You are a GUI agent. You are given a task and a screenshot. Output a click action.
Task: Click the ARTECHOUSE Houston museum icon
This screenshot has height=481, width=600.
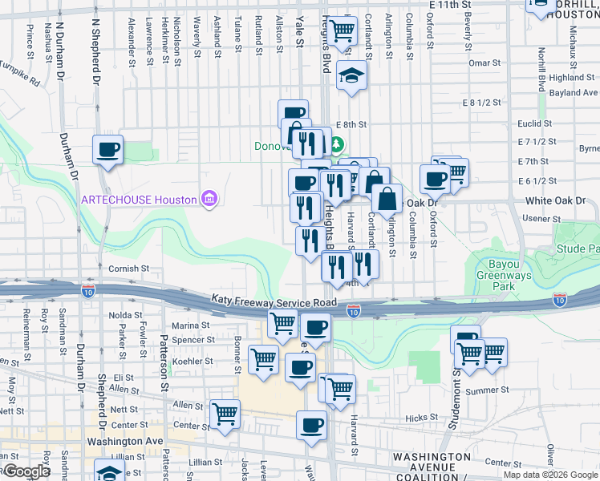coord(209,198)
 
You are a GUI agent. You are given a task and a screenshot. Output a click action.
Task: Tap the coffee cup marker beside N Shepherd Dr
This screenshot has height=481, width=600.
coord(107,149)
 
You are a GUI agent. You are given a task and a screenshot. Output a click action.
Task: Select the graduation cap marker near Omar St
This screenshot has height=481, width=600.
coord(350,76)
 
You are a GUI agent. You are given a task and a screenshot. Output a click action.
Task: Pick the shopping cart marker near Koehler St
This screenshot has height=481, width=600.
coord(263,360)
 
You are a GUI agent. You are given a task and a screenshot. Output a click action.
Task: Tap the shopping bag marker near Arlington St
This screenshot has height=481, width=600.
coord(387,200)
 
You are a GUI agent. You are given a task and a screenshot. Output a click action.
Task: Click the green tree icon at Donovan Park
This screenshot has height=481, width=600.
coord(337,146)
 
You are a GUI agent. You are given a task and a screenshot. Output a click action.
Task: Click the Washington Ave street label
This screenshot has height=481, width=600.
coord(124,441)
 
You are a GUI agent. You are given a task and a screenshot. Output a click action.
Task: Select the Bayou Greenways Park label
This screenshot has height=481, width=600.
coord(514,274)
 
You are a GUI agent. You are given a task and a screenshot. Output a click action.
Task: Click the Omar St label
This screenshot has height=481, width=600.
coord(484,63)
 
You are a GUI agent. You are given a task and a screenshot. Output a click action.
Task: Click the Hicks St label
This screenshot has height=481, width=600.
coord(421,418)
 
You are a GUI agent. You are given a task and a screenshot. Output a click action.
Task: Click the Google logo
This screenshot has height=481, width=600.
coord(27,471)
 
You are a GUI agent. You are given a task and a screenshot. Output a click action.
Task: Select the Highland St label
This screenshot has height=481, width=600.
coord(573,78)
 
